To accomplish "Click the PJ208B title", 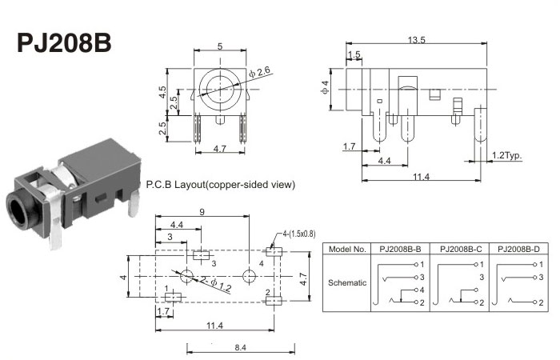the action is [x=64, y=43].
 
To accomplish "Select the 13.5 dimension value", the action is [x=417, y=40].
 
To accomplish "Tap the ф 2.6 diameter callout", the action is [x=260, y=72].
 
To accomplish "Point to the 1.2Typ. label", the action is [x=506, y=155].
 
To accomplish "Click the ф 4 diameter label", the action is [x=325, y=87].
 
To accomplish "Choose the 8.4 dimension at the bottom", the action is [x=240, y=347].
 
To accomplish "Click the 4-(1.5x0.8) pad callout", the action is [x=299, y=234].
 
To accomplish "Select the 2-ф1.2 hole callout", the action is [x=216, y=284].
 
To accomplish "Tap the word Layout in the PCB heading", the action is [x=190, y=185].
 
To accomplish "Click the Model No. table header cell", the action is [x=347, y=250].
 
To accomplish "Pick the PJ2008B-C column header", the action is [x=459, y=250].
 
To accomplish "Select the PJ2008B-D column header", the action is [x=518, y=250].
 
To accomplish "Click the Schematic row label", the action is [x=347, y=283].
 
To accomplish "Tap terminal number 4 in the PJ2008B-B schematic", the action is [x=422, y=290].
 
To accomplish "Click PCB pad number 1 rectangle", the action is [x=173, y=297].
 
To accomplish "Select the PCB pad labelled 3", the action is [x=202, y=256].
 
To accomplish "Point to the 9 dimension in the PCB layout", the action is [x=202, y=212].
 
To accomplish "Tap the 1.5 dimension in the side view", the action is [x=354, y=54].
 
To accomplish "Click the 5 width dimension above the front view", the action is [x=220, y=46].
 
